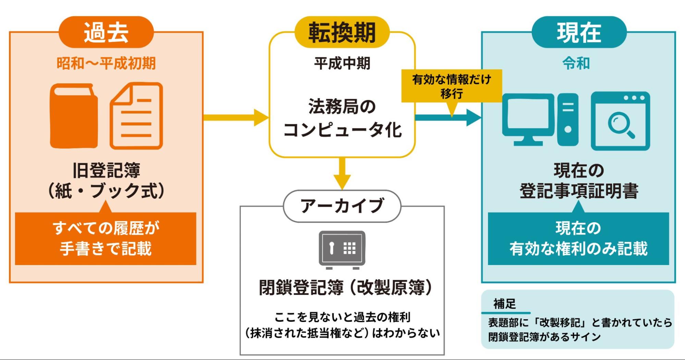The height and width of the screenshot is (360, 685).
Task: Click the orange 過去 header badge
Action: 106,32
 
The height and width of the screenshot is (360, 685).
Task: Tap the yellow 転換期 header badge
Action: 342,32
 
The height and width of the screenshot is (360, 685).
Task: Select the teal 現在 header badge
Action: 579,32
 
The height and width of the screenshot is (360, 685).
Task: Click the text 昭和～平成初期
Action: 106,63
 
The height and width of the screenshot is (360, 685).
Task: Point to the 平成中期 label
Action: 342,63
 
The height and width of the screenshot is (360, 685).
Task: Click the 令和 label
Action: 576,63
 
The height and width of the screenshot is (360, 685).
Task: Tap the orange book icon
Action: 74,116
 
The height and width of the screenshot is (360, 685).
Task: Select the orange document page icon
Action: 136,116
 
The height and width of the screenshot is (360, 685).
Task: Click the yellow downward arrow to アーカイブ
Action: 342,173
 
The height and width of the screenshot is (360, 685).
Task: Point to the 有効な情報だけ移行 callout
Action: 452,86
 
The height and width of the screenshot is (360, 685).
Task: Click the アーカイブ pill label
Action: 342,206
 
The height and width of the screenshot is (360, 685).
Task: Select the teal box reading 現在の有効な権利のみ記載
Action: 578,239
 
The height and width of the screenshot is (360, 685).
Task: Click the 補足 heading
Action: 504,304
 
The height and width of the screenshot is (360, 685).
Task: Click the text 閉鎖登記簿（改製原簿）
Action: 345,287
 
